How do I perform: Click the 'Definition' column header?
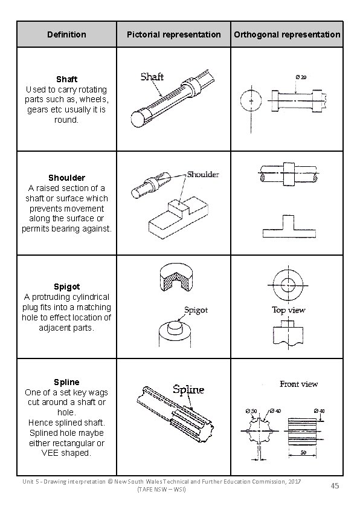pos(66,34)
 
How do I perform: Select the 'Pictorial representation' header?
pos(174,34)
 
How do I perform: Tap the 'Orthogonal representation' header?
pos(287,34)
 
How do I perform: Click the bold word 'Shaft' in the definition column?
pos(66,79)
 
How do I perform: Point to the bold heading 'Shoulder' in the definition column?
pos(66,178)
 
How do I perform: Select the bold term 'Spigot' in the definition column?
pos(66,287)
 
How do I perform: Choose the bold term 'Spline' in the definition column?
pos(66,382)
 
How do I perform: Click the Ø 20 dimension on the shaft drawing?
pos(300,77)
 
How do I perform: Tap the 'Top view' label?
pos(288,310)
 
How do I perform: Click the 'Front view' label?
pos(298,384)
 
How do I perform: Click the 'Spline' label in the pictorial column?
pos(188,390)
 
